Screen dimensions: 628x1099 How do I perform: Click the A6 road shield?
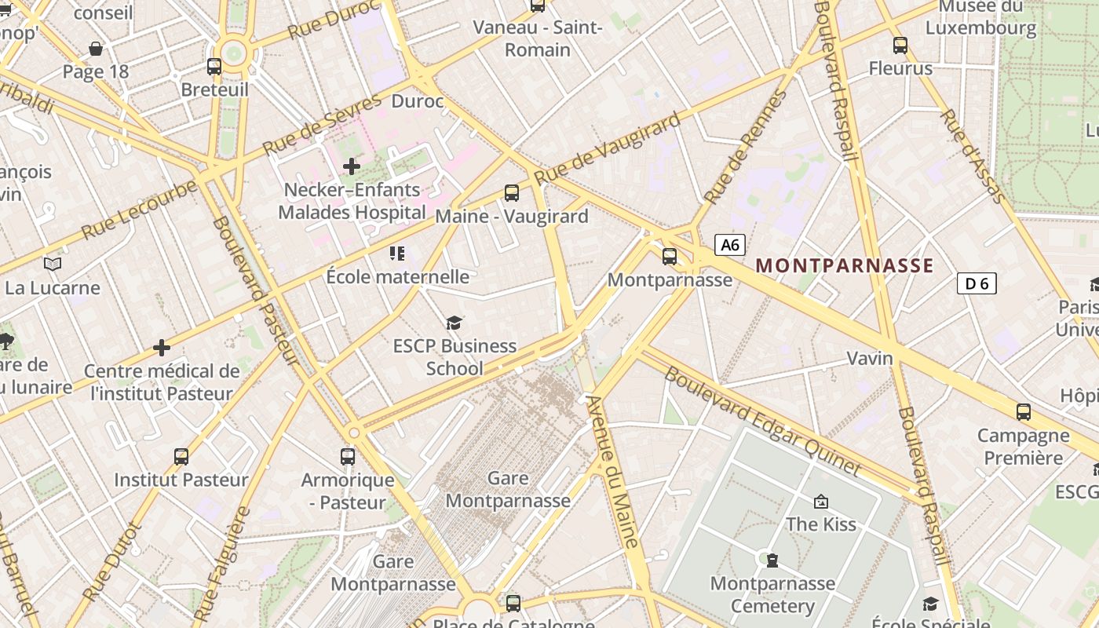tap(730, 245)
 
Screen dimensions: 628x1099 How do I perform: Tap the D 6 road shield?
tap(977, 283)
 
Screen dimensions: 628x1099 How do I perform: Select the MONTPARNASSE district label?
tap(845, 265)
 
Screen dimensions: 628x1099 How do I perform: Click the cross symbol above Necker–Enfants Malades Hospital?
tap(352, 166)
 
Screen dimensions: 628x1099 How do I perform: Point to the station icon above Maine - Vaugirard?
tap(512, 192)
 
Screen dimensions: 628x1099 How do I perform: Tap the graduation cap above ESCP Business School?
tap(454, 323)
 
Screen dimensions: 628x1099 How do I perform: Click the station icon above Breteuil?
tap(214, 67)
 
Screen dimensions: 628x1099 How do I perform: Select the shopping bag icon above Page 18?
tap(96, 49)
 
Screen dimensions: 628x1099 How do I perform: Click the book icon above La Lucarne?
tap(53, 265)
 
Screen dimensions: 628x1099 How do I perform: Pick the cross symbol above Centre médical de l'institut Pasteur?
tap(162, 348)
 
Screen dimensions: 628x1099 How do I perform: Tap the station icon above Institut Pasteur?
tap(181, 456)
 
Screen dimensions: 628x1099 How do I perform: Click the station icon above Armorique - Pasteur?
tap(348, 456)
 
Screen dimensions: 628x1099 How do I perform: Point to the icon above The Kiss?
tap(821, 501)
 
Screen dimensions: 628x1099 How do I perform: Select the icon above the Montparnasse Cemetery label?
tap(772, 560)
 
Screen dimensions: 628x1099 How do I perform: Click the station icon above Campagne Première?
tap(1024, 412)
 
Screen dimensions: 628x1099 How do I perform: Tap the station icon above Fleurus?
tap(900, 46)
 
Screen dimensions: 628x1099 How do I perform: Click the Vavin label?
tap(870, 359)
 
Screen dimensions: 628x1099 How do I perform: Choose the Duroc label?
tap(418, 101)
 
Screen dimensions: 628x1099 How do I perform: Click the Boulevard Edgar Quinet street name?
tap(762, 420)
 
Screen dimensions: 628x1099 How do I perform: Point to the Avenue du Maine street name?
tap(614, 471)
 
